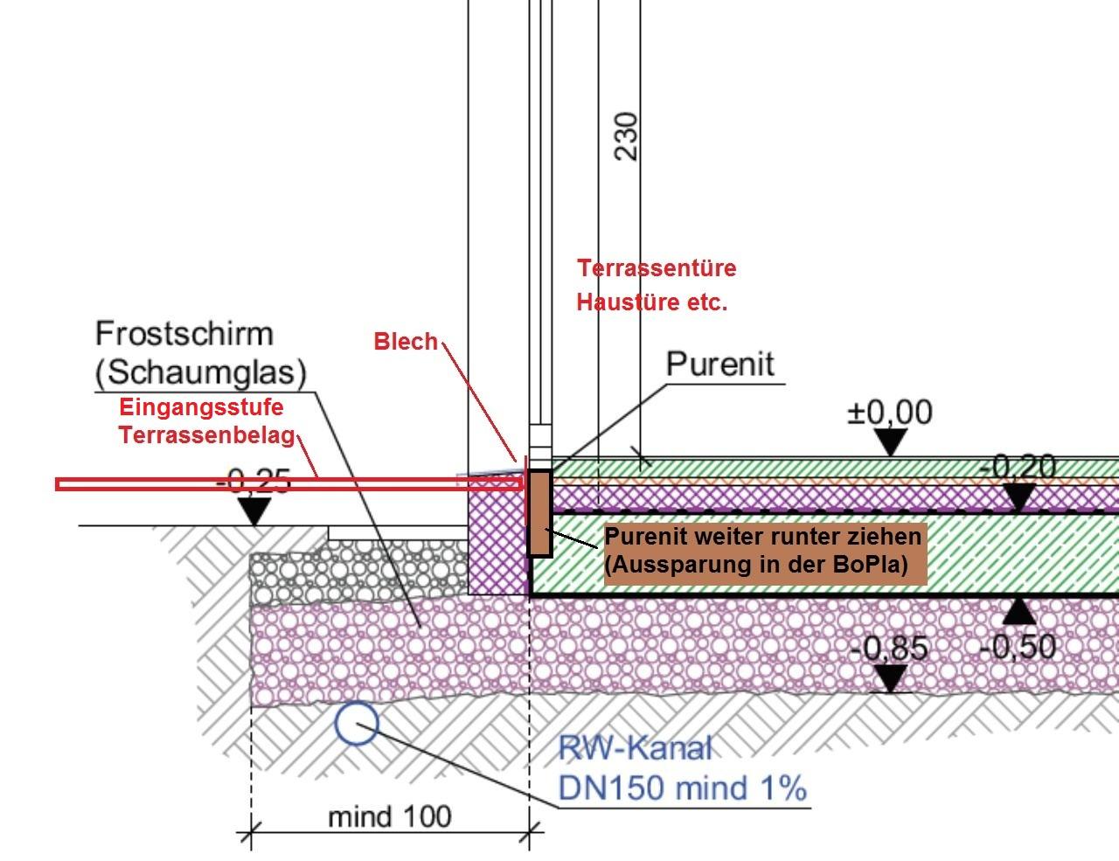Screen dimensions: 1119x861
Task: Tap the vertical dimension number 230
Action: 627,137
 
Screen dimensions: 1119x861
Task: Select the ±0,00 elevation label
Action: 889,413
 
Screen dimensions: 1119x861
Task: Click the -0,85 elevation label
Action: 889,648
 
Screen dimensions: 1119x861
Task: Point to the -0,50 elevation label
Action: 1018,647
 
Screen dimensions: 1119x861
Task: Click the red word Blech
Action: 406,341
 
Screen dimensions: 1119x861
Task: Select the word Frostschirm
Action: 184,334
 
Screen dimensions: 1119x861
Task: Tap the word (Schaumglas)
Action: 201,372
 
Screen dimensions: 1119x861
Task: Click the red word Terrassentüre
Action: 657,268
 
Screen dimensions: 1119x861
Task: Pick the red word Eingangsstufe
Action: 201,407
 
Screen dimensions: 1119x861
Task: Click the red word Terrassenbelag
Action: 207,435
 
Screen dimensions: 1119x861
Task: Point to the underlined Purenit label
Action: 719,365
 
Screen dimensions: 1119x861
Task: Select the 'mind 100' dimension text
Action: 390,816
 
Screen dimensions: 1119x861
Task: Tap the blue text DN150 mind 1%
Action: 682,788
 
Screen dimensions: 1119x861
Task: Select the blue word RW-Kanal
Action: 636,747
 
